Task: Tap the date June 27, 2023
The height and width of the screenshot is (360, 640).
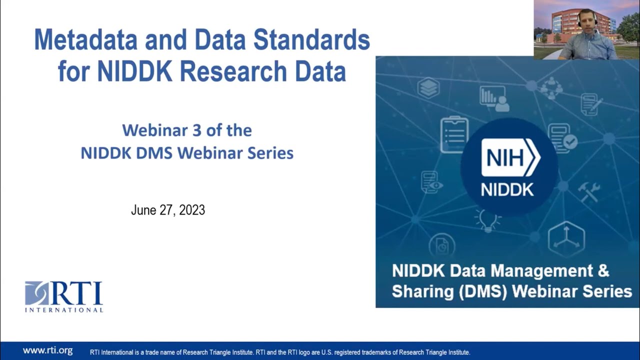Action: click(x=168, y=210)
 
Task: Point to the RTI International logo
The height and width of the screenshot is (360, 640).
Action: click(x=64, y=296)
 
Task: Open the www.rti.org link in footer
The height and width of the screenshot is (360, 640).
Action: click(x=47, y=350)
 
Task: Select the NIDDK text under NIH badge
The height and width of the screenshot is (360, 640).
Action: click(x=507, y=190)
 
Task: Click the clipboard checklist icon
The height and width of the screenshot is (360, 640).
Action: click(x=454, y=134)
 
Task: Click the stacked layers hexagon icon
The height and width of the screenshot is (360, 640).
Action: click(x=428, y=88)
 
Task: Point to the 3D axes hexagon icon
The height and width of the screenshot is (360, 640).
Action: click(x=566, y=238)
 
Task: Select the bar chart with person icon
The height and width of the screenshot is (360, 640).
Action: click(x=494, y=98)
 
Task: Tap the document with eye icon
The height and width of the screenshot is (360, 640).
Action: click(x=431, y=182)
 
